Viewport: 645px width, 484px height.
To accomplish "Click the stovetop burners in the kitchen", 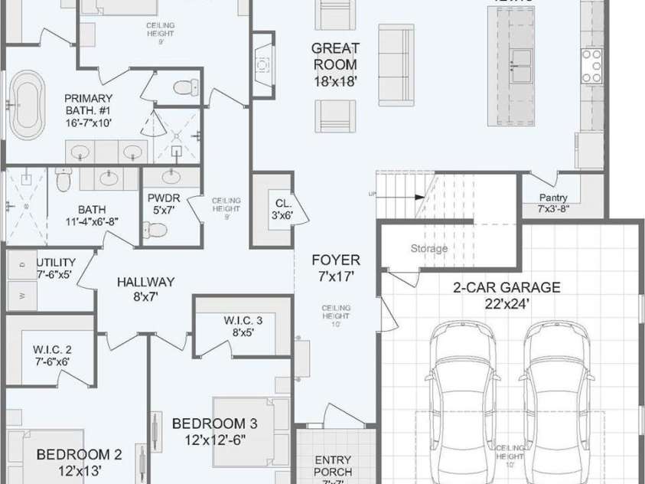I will click(592, 67).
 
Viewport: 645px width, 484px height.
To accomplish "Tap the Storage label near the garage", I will click(428, 248).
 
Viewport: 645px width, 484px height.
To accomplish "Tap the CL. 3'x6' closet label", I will click(283, 209).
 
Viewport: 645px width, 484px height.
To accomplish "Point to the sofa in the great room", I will click(396, 65).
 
